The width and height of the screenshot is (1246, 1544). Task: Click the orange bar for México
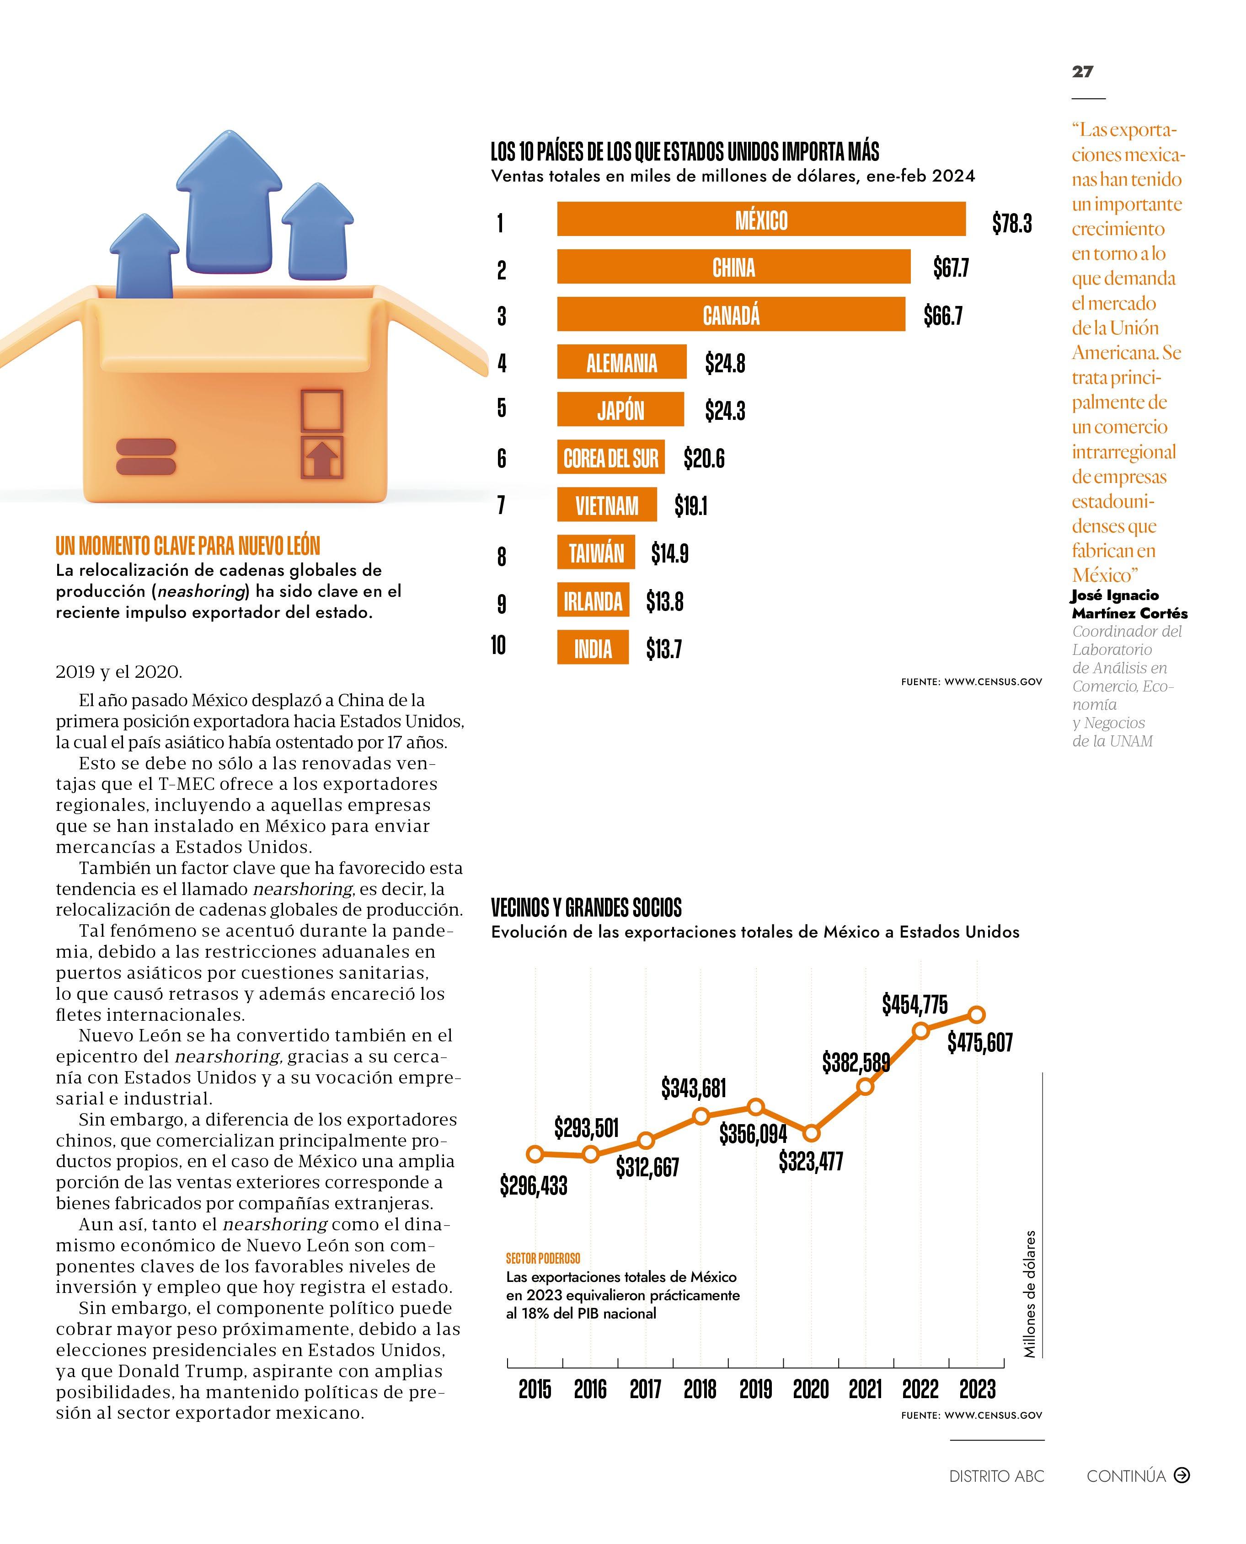(761, 220)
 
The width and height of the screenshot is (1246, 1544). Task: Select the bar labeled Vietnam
(606, 505)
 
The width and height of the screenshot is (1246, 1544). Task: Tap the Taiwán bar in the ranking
(596, 553)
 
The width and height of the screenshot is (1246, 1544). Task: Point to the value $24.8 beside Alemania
(725, 364)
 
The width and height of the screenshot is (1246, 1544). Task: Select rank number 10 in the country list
(498, 645)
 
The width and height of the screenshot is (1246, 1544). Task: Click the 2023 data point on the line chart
(976, 1014)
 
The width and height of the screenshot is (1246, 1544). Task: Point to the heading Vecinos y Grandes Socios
(586, 908)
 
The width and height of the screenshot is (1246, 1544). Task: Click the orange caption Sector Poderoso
(543, 1258)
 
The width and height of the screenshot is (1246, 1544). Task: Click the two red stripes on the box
(146, 456)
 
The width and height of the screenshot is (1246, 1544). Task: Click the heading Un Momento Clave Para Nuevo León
(188, 546)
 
